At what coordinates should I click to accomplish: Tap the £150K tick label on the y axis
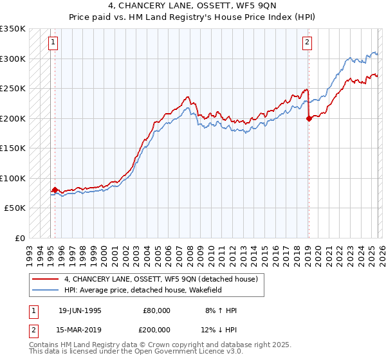point(13,148)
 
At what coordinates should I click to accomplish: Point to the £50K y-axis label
point(15,208)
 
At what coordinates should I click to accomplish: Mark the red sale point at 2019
point(309,118)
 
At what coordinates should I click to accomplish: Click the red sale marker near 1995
point(55,190)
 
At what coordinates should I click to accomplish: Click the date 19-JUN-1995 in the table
point(80,310)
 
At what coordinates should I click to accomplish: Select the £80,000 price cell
point(156,310)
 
